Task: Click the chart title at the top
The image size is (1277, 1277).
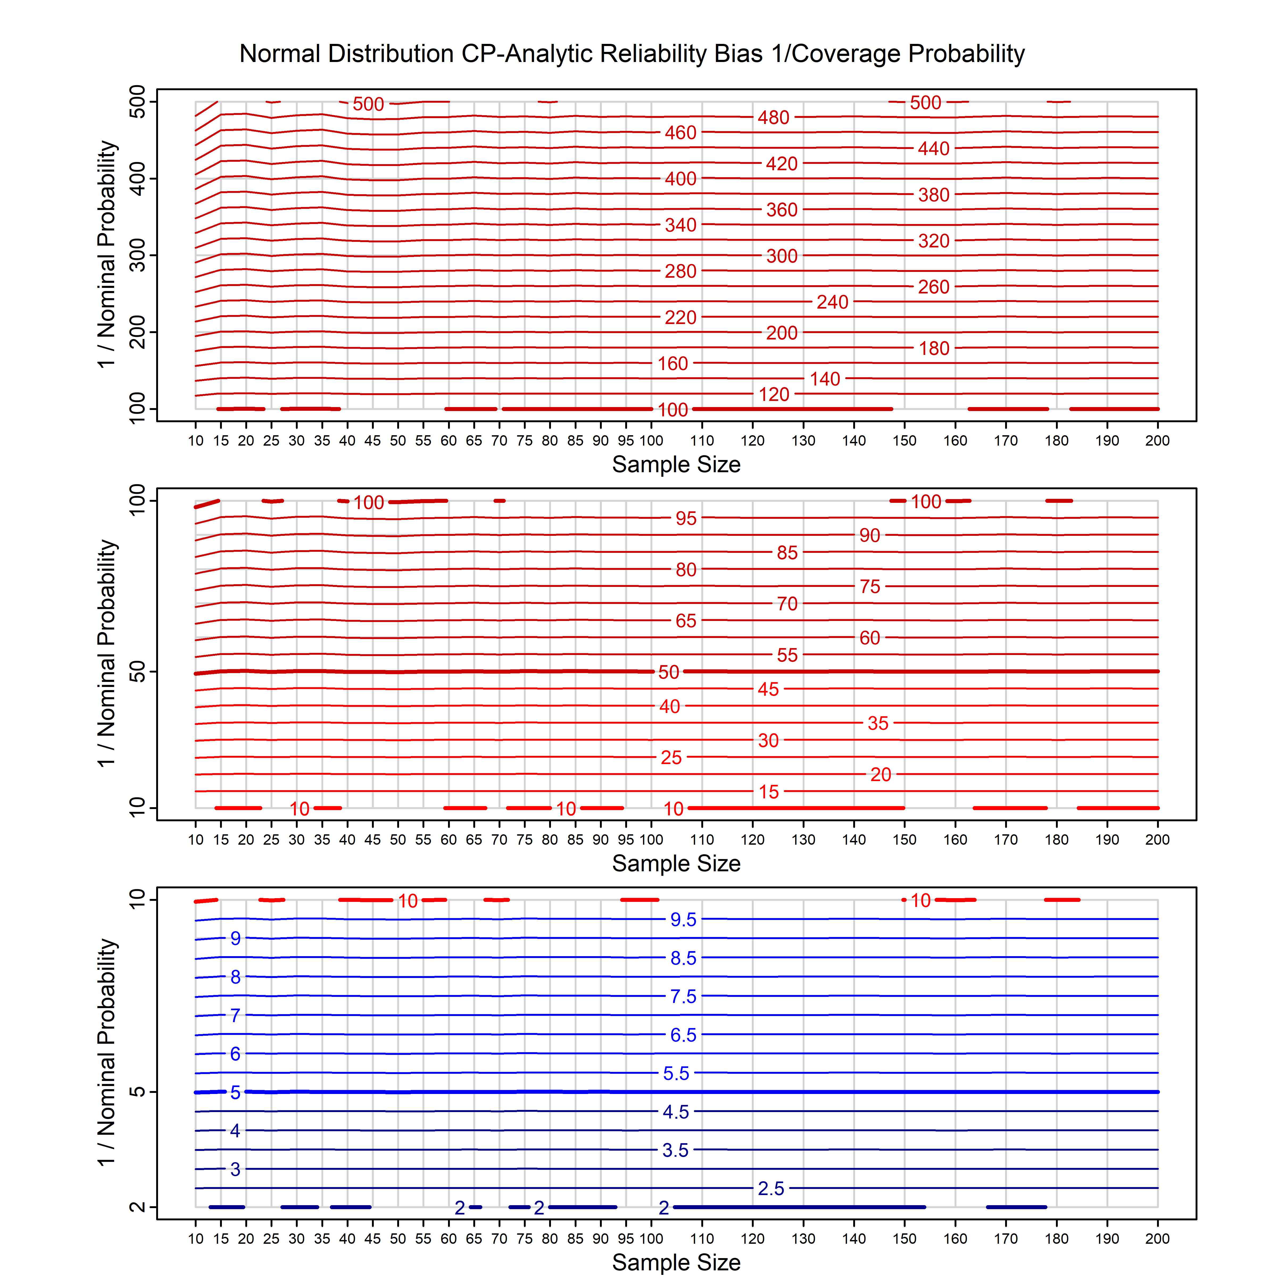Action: pyautogui.click(x=632, y=53)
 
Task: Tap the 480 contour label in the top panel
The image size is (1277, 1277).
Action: pyautogui.click(x=773, y=118)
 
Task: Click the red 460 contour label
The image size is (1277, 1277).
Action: pyautogui.click(x=680, y=133)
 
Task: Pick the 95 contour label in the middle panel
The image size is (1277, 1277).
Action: pyautogui.click(x=685, y=518)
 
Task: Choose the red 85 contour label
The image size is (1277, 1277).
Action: pyautogui.click(x=787, y=553)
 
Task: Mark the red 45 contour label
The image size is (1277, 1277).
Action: pyautogui.click(x=768, y=689)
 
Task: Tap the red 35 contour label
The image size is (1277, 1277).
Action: pyautogui.click(x=878, y=723)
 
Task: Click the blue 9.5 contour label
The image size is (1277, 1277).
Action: pyautogui.click(x=683, y=919)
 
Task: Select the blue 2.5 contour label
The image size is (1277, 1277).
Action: pyautogui.click(x=771, y=1188)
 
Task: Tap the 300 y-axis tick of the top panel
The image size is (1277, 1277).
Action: pyautogui.click(x=138, y=255)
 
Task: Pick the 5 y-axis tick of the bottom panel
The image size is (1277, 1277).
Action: pyautogui.click(x=138, y=1092)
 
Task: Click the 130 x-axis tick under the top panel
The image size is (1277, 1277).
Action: pyautogui.click(x=803, y=441)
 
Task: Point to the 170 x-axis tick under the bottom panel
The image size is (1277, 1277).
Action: pyautogui.click(x=1005, y=1239)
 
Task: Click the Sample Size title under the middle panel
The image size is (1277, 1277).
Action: pyautogui.click(x=676, y=863)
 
